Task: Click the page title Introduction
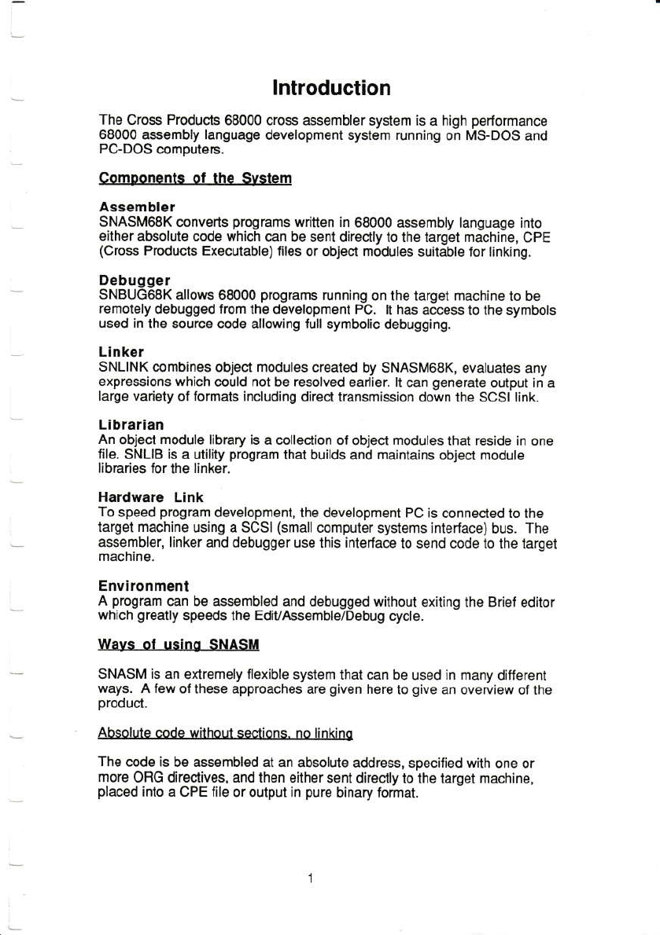coord(331,87)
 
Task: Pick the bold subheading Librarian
coord(131,424)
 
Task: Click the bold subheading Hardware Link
coord(151,497)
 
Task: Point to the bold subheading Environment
coord(144,586)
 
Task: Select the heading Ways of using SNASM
coord(179,645)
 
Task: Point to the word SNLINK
coord(120,366)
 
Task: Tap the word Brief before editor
coord(503,603)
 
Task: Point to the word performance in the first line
coord(509,121)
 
